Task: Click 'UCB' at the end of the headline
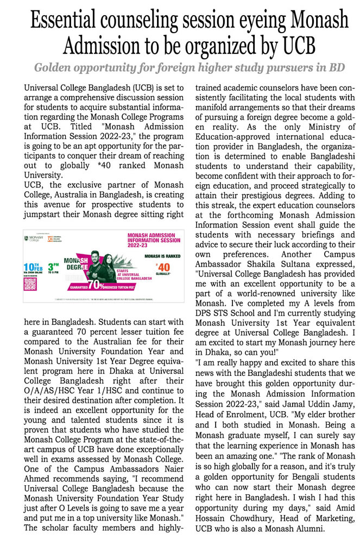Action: pyautogui.click(x=299, y=48)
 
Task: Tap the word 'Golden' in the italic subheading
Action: pyautogui.click(x=53, y=68)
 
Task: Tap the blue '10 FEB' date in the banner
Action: pyautogui.click(x=31, y=267)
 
